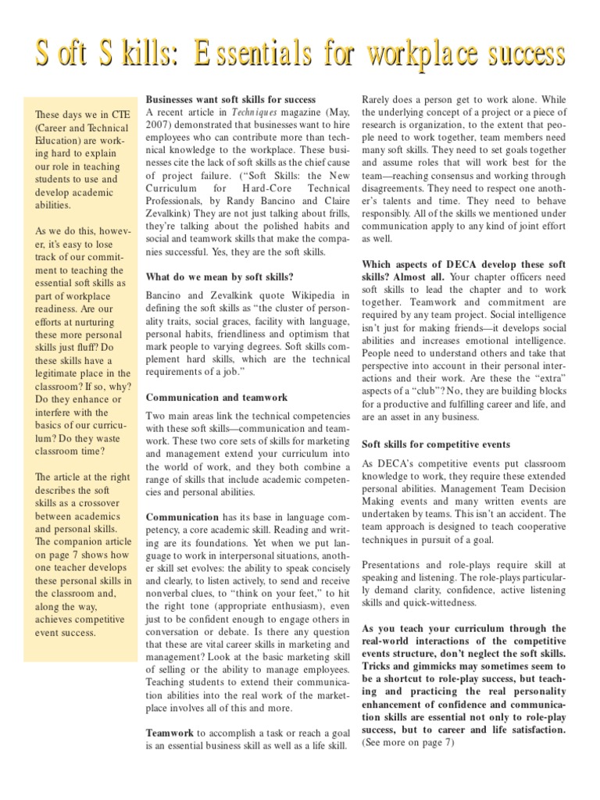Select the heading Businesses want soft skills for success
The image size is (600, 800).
coord(231,99)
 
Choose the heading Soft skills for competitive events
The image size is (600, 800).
coord(436,444)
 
